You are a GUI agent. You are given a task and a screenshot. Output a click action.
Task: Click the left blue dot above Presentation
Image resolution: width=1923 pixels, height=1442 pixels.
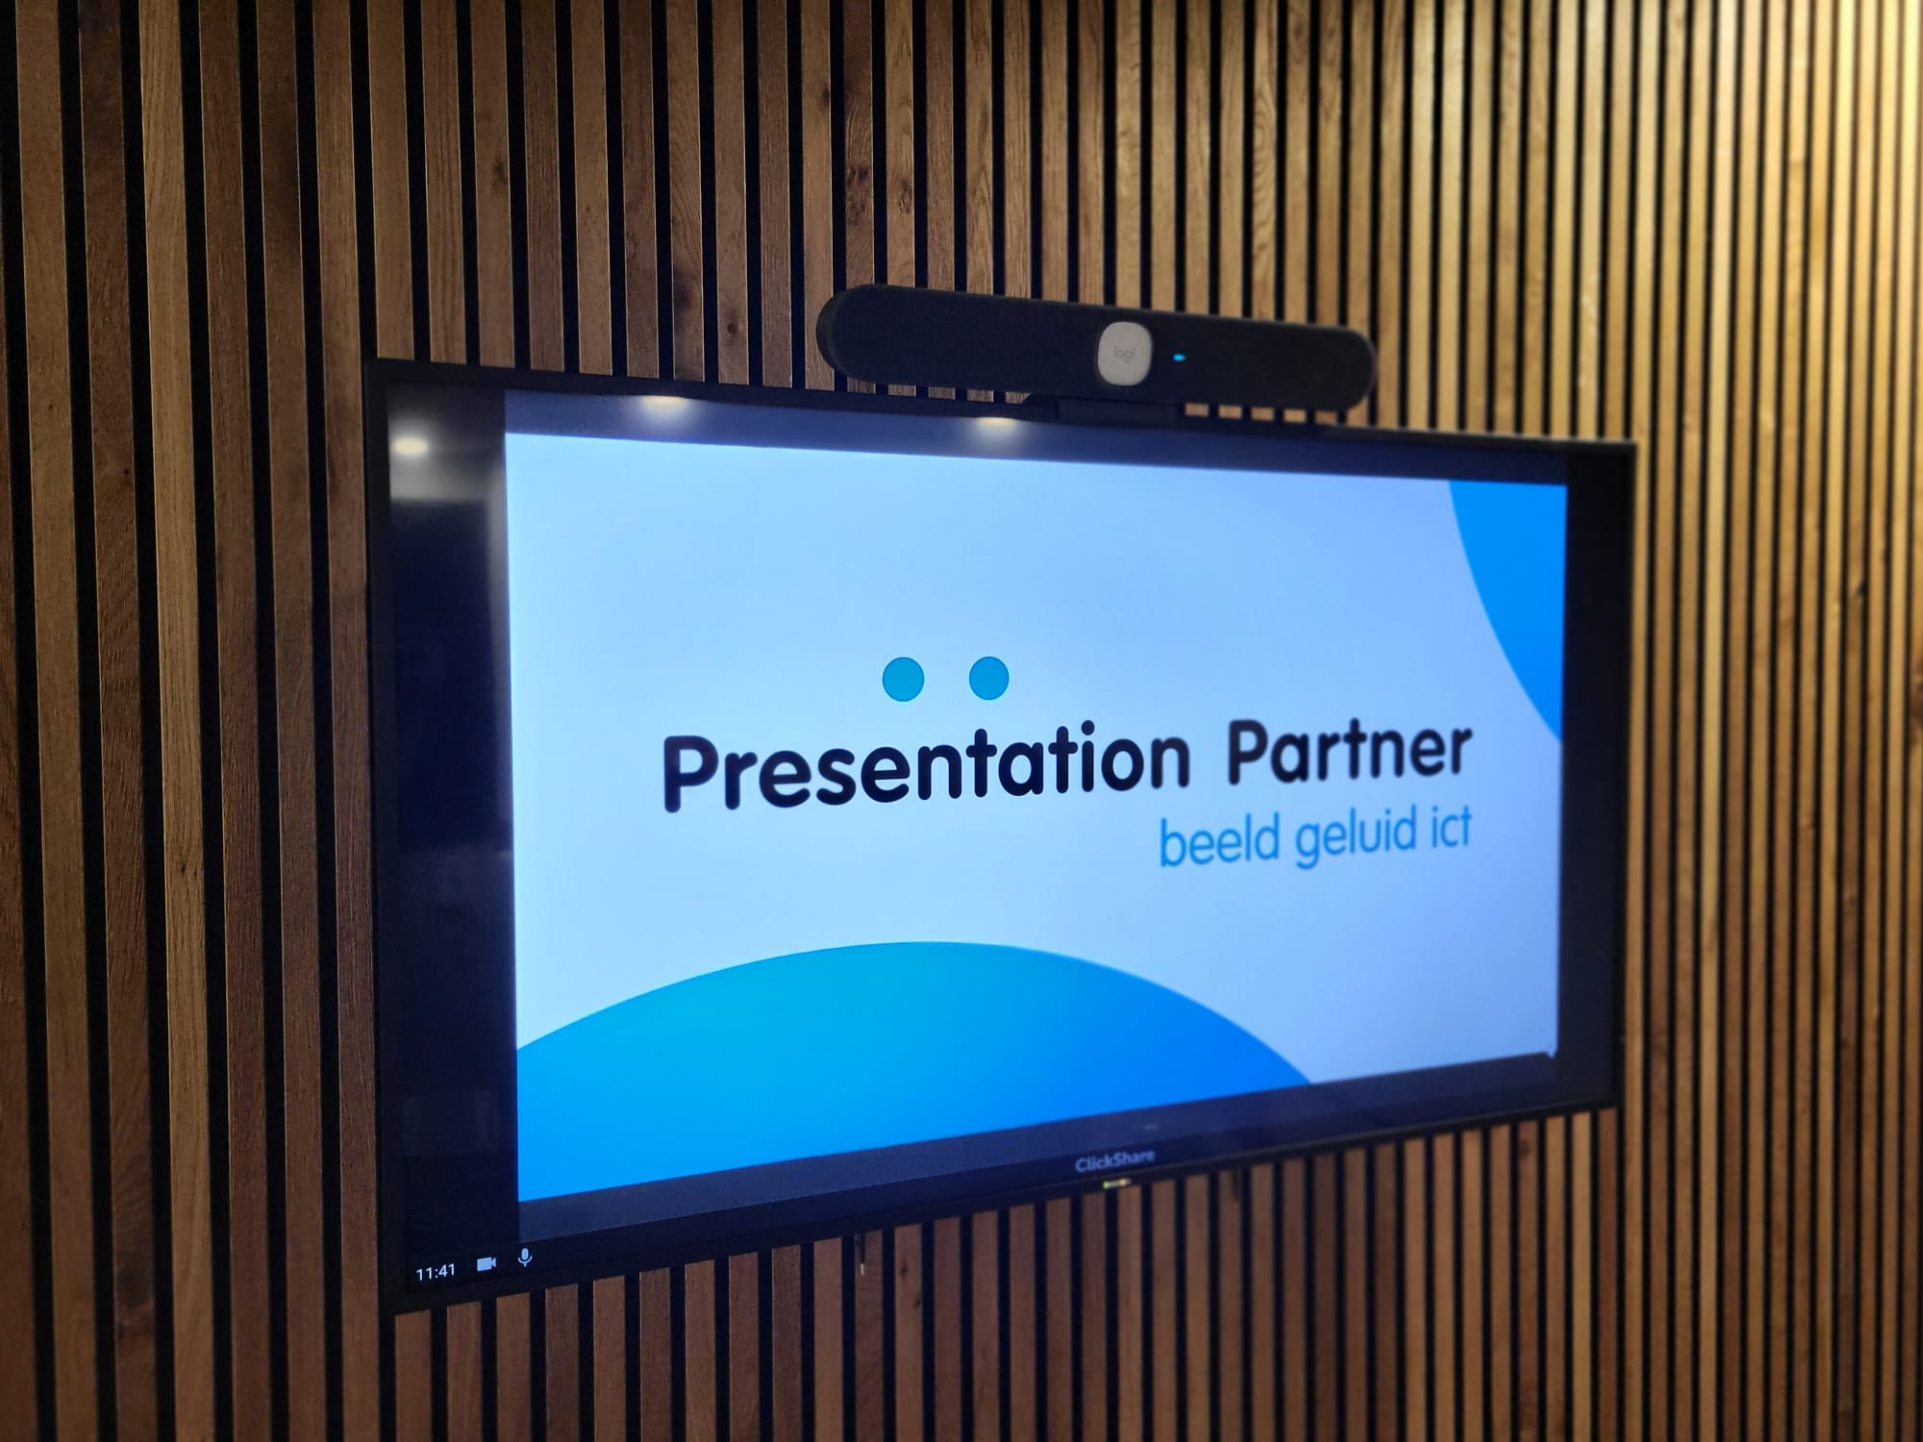click(903, 679)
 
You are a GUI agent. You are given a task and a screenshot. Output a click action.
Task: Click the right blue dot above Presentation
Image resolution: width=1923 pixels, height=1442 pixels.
click(988, 678)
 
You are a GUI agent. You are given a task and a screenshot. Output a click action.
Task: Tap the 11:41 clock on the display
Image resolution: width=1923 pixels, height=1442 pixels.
click(436, 1272)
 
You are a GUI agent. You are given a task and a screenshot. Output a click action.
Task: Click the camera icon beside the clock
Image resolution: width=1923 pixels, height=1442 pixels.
click(487, 1263)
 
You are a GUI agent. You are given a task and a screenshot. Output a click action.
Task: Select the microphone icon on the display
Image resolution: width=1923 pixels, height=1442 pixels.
click(525, 1256)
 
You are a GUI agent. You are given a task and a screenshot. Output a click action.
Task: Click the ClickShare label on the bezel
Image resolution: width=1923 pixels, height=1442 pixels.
click(1114, 1161)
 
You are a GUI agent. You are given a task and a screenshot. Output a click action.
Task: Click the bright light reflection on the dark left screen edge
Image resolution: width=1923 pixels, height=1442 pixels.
click(411, 445)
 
